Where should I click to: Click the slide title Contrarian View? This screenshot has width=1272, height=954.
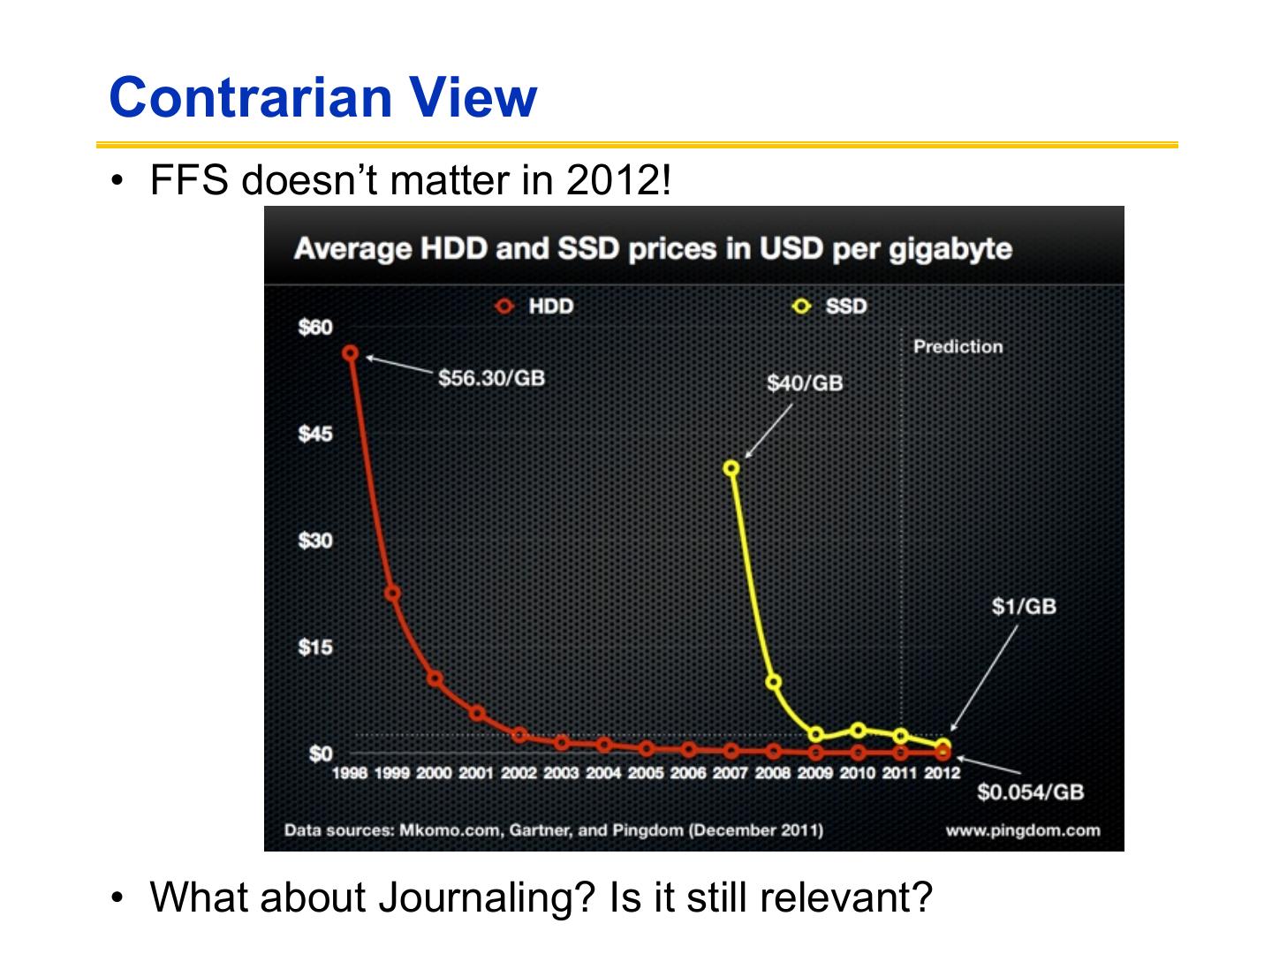pos(322,97)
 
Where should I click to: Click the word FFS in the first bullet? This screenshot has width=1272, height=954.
pos(189,180)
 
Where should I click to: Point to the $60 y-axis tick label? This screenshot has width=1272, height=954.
pos(315,328)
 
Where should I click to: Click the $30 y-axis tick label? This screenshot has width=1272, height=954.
pos(315,541)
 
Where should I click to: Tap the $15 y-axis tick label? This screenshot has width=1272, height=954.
pos(315,647)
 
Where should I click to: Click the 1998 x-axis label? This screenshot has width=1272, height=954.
pos(350,773)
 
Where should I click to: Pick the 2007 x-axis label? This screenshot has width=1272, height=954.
pos(731,773)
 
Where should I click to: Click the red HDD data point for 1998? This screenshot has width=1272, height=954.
pos(351,353)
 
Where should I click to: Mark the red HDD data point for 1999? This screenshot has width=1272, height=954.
pos(392,594)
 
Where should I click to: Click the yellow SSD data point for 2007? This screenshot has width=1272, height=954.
pos(731,468)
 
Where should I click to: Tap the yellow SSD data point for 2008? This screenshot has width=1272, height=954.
pos(773,682)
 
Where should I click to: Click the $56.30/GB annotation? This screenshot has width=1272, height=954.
pos(492,378)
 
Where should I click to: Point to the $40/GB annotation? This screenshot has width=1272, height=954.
pos(805,382)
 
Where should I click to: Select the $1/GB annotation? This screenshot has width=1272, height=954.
pos(1024,606)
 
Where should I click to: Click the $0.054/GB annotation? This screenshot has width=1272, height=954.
pos(1030,791)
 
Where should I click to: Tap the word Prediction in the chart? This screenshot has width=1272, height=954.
pos(958,346)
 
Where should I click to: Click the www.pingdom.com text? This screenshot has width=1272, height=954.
pos(1023,830)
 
